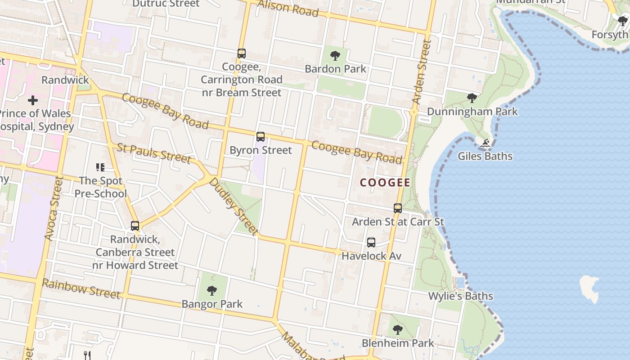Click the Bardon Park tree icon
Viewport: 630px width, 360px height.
[335, 56]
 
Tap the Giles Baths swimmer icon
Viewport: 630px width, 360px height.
[485, 144]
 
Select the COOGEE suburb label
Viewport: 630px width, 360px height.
[385, 183]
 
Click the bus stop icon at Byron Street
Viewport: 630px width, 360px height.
[261, 137]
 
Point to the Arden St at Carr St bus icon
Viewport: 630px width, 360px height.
[398, 208]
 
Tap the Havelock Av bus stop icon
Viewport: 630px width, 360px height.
[371, 243]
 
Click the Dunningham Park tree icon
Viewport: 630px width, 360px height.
[472, 98]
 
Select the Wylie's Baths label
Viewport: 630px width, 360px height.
[460, 296]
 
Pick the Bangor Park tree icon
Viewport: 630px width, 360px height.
[211, 291]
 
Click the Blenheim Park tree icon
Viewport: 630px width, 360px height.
[397, 329]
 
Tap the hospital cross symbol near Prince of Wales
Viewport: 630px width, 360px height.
[33, 100]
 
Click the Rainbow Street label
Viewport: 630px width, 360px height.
[81, 288]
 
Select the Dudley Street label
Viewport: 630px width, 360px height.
[234, 207]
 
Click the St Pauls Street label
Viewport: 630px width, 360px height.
[154, 153]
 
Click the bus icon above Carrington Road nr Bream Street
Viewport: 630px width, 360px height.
[242, 54]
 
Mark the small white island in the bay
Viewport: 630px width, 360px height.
[589, 288]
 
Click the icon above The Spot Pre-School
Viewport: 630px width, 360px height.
[100, 167]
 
